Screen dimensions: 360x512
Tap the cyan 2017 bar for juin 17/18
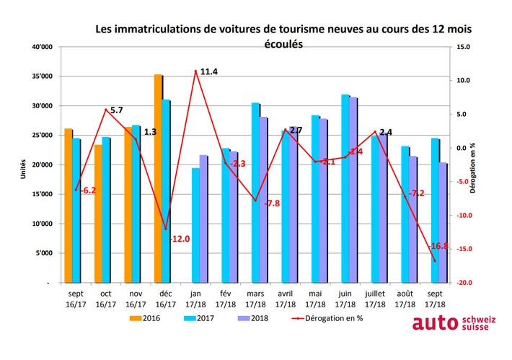click(345, 188)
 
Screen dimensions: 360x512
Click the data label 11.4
click(209, 71)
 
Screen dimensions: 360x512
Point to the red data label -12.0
click(180, 238)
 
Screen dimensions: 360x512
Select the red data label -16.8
click(439, 246)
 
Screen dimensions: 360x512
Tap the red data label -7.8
click(271, 203)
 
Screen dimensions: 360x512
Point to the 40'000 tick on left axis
click(43, 47)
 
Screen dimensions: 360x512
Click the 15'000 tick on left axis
click(43, 194)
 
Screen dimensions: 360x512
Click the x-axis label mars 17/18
click(255, 299)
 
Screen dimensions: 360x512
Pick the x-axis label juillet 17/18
click(375, 299)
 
